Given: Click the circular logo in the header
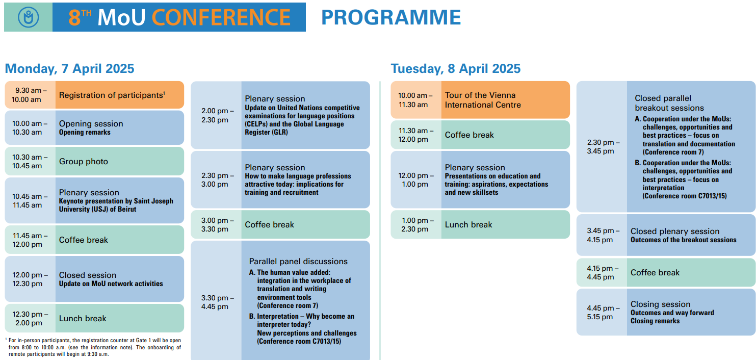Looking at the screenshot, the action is [x=29, y=17].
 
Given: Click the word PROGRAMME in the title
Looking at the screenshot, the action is [x=391, y=17].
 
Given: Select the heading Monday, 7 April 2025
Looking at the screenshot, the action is [x=69, y=68].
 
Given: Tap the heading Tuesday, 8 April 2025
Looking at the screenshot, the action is [x=456, y=68].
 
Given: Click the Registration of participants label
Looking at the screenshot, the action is [x=112, y=95].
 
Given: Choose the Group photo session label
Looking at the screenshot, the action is [x=84, y=162].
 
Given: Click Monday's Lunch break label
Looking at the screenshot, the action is [x=83, y=319].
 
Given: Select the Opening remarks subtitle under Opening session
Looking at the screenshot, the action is [x=85, y=133].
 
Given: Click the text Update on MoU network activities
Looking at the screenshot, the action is [x=111, y=284].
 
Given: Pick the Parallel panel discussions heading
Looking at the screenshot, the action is [x=298, y=262].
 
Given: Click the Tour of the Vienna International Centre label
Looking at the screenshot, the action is [x=483, y=100].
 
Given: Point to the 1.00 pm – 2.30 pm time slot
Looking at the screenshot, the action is [x=416, y=224].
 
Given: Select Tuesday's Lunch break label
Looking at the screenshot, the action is [x=468, y=224].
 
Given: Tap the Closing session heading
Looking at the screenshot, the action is [x=661, y=304].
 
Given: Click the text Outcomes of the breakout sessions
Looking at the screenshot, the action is [x=684, y=240].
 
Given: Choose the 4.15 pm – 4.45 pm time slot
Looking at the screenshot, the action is [x=602, y=272].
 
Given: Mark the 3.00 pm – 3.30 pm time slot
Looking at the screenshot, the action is [x=217, y=224].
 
